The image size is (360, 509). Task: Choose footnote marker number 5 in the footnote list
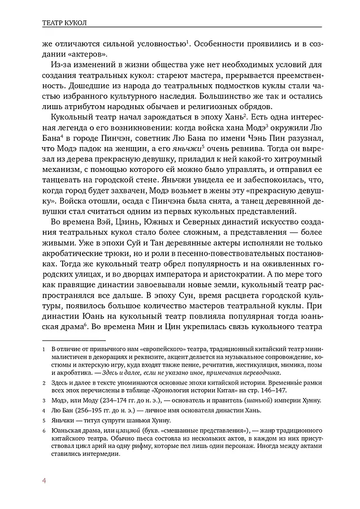point(44,421)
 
